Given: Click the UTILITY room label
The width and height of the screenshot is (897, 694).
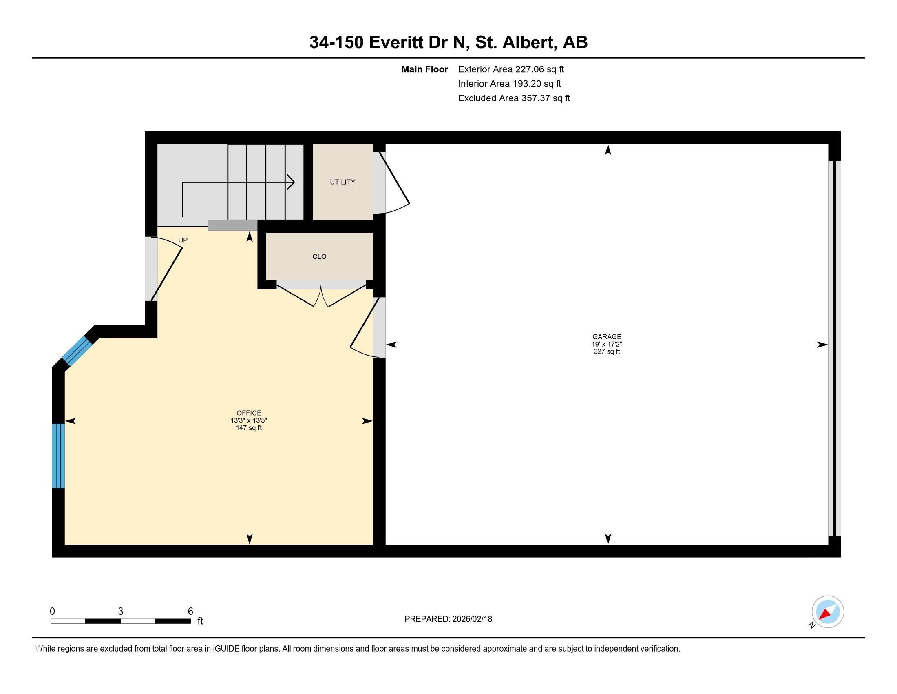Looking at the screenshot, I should [x=342, y=182].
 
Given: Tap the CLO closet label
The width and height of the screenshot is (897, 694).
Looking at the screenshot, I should [x=319, y=256].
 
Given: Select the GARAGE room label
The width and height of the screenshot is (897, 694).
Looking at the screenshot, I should [x=607, y=337].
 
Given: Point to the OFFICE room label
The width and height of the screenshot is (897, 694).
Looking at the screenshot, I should [x=248, y=413].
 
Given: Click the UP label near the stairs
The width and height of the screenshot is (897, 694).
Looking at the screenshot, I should [x=183, y=240].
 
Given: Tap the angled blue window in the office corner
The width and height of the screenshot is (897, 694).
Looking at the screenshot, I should [x=77, y=350].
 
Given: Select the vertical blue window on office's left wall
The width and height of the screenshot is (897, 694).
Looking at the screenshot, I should [x=58, y=456].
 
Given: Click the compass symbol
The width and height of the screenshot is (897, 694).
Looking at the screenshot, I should [x=828, y=612].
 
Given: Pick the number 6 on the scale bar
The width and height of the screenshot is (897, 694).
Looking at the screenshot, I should [x=190, y=611].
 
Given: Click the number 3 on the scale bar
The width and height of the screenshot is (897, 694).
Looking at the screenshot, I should [x=120, y=611].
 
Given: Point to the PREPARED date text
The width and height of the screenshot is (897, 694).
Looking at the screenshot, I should [x=448, y=619].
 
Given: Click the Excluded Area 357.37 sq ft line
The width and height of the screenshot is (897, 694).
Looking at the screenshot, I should [x=514, y=98].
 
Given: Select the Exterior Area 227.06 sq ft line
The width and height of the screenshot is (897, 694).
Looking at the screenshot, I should [x=511, y=69].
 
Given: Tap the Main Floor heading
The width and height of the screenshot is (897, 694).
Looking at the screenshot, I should [x=424, y=69].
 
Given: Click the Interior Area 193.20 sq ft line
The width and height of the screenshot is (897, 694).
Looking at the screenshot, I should [x=509, y=84].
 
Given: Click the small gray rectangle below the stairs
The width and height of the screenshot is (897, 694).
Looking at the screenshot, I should [x=232, y=225].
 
